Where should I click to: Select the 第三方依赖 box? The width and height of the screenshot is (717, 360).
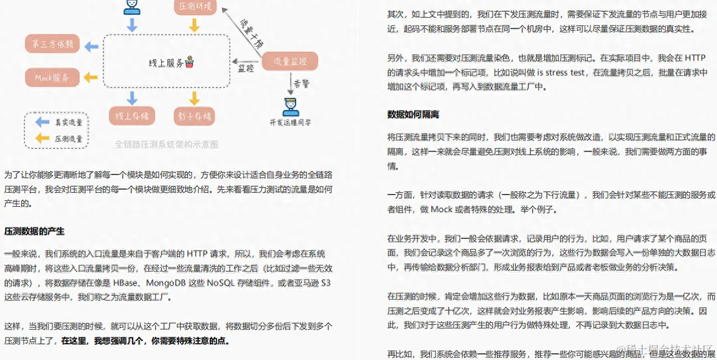(x=52, y=45)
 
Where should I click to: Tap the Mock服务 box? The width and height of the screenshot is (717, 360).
(x=52, y=77)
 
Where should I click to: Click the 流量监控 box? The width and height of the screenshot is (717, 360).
(x=290, y=61)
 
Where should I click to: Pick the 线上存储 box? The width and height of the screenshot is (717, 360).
(x=132, y=115)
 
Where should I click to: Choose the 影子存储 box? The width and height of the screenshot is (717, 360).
(x=194, y=115)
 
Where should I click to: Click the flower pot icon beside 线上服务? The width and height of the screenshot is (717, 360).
(x=190, y=62)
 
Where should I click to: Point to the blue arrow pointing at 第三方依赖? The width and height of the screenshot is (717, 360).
(x=91, y=46)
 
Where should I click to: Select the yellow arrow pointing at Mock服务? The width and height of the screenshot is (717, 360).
(x=91, y=77)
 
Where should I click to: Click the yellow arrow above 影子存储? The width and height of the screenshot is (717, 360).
(x=194, y=97)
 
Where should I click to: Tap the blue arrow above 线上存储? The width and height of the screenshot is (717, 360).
(x=132, y=97)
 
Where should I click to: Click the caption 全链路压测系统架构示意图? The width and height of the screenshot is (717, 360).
(x=167, y=145)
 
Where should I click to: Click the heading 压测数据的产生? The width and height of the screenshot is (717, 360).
(x=35, y=232)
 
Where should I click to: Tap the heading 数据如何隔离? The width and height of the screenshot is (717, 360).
(x=413, y=114)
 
